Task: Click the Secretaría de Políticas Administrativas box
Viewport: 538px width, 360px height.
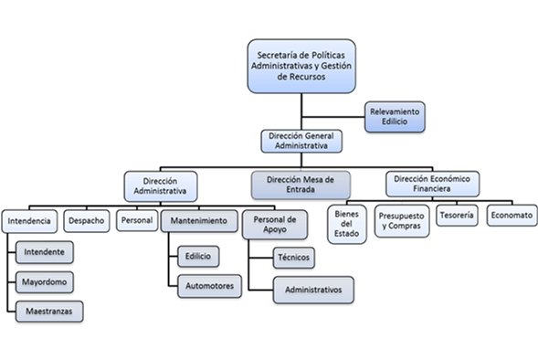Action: pyautogui.click(x=302, y=66)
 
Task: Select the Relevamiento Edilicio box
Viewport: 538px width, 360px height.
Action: pyautogui.click(x=395, y=116)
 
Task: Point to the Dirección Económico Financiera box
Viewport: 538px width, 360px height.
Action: pyautogui.click(x=433, y=184)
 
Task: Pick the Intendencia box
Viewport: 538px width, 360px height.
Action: pyautogui.click(x=31, y=221)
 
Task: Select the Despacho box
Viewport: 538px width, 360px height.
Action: pyautogui.click(x=87, y=220)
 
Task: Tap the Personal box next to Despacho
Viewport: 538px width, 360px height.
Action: pyautogui.click(x=136, y=220)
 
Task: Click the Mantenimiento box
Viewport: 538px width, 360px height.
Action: pyautogui.click(x=199, y=221)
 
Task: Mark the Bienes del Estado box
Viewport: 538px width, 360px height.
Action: pyautogui.click(x=344, y=223)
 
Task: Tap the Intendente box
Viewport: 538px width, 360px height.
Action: pyautogui.click(x=45, y=250)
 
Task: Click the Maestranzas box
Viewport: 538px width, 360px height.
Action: pyautogui.click(x=49, y=312)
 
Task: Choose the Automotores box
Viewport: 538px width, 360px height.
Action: pyautogui.click(x=209, y=286)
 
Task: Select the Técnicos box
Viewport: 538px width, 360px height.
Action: pyautogui.click(x=294, y=258)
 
